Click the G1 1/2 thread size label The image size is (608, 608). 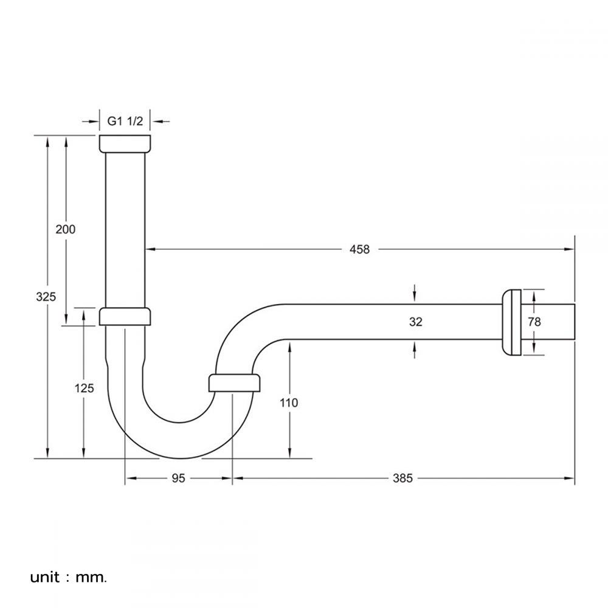point(125,121)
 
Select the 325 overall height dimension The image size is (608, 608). point(46,297)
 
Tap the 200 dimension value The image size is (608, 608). point(65,229)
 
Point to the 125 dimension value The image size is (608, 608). point(84,388)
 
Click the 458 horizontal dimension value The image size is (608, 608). point(359,249)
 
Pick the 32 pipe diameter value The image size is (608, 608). point(415,322)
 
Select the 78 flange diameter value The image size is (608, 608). point(534,322)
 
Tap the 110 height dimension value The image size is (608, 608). point(289,402)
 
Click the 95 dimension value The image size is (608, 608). point(178,478)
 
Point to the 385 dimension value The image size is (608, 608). point(402,478)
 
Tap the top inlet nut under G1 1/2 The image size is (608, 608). point(125,143)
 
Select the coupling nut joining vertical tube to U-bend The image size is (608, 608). point(125,317)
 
